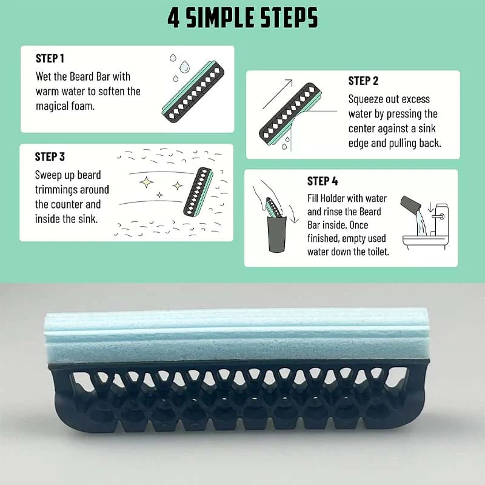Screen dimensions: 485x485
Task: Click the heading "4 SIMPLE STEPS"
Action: (x=242, y=18)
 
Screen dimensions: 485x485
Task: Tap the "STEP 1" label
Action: (x=50, y=58)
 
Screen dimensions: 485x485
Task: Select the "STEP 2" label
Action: (x=363, y=81)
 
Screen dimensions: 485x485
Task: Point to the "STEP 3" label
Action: (x=50, y=157)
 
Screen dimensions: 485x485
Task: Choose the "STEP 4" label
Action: (x=323, y=181)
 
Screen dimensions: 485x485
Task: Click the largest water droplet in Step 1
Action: (x=185, y=66)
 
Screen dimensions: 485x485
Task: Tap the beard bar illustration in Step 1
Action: (x=193, y=92)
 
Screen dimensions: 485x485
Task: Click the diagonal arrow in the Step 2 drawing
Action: (x=277, y=94)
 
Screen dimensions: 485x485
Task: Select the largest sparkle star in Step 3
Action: (x=146, y=182)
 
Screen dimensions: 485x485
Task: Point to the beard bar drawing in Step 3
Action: (x=198, y=192)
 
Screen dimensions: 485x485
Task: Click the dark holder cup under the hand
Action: (x=276, y=234)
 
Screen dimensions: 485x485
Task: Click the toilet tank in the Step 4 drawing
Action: (x=441, y=219)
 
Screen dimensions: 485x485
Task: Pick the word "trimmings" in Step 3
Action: (x=72, y=190)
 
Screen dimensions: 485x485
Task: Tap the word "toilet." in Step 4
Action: (x=378, y=252)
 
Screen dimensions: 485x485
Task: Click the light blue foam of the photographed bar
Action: (x=236, y=336)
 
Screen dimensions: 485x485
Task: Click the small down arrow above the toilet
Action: (x=430, y=207)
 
